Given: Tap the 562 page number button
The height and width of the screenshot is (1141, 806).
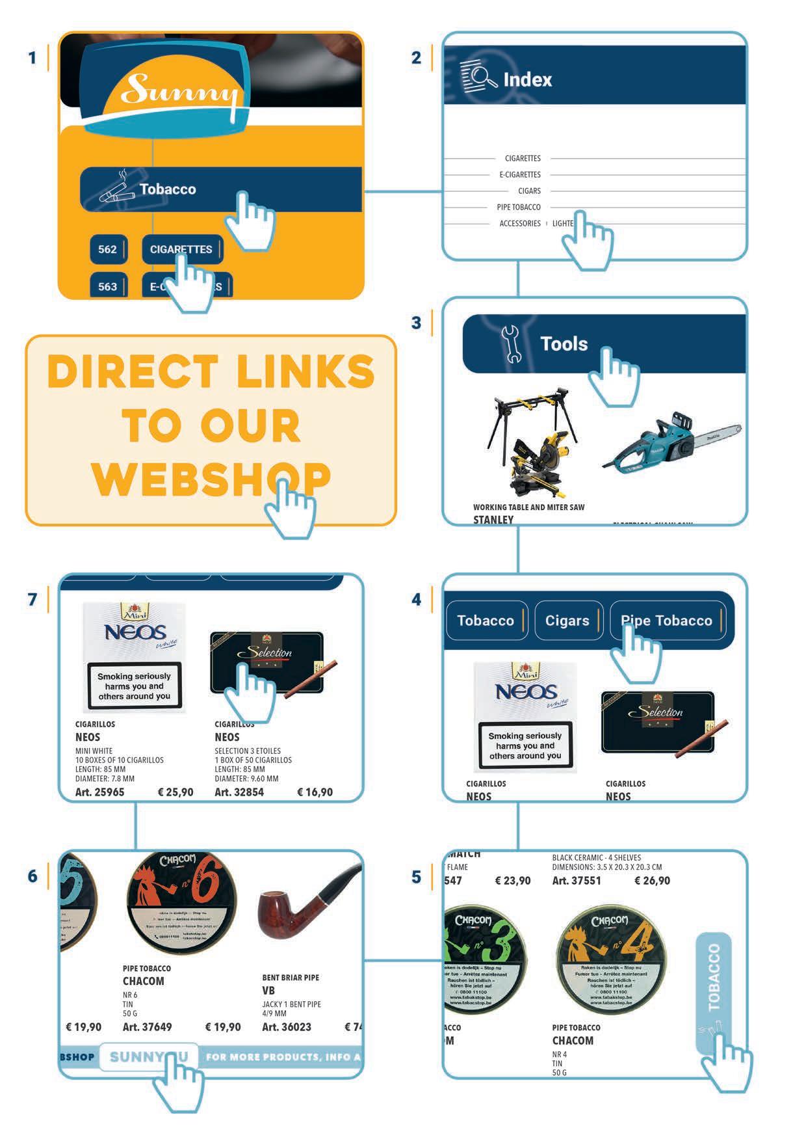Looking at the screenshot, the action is (x=107, y=250).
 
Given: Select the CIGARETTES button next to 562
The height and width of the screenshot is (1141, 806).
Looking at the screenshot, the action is (x=181, y=250).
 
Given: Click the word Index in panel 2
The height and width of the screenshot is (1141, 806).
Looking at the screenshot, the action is (x=527, y=80).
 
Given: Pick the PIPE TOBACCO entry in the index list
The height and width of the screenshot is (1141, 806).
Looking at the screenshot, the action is (x=519, y=208).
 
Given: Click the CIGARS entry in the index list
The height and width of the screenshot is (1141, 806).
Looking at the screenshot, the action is (x=529, y=191).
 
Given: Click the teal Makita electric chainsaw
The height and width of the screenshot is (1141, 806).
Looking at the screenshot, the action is (x=669, y=442).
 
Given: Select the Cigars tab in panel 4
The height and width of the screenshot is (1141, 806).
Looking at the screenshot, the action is (x=567, y=621).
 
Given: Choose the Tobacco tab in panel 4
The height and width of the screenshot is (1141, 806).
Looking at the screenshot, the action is (x=486, y=621).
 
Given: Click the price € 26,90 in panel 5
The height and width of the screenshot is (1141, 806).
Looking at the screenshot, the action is (x=652, y=881).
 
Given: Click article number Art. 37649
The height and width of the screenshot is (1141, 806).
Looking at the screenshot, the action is (x=148, y=1027).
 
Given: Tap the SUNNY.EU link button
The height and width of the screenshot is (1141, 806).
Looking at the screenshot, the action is (x=148, y=1057).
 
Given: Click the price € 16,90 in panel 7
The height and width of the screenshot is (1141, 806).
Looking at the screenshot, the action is (x=315, y=792).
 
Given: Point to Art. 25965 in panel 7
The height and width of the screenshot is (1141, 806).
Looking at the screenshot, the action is (x=99, y=792).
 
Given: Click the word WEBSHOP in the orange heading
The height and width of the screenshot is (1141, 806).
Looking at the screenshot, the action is (x=212, y=479).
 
